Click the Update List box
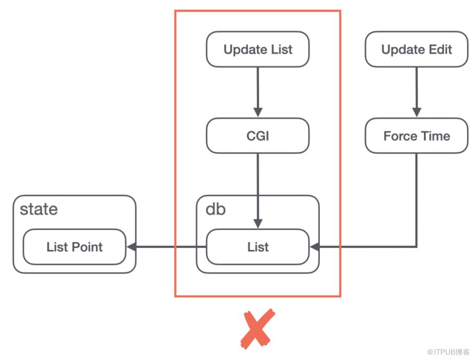pyautogui.click(x=258, y=49)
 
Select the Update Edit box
pyautogui.click(x=416, y=49)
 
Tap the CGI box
pyautogui.click(x=258, y=135)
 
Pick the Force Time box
pyautogui.click(x=416, y=135)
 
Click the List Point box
pyautogui.click(x=75, y=247)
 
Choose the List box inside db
pyautogui.click(x=258, y=247)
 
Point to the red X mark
pyautogui.click(x=257, y=329)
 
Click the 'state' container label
pyautogui.click(x=39, y=209)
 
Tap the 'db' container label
pyautogui.click(x=216, y=209)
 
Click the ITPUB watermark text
pyautogui.click(x=448, y=352)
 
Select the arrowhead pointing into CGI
pyautogui.click(x=258, y=112)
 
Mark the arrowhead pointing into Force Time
pyautogui.click(x=416, y=112)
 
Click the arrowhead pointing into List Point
pyautogui.click(x=132, y=247)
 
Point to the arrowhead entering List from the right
pyautogui.click(x=315, y=247)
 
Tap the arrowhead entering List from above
pyautogui.click(x=258, y=223)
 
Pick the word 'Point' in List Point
pyautogui.click(x=87, y=247)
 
